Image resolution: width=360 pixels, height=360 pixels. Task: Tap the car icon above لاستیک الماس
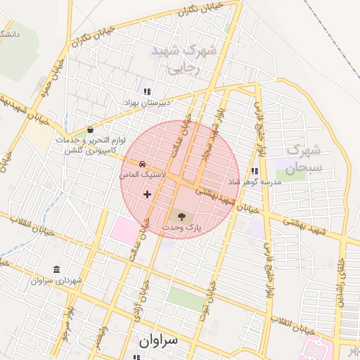(143, 162)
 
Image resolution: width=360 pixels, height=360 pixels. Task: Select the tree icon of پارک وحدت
(183, 216)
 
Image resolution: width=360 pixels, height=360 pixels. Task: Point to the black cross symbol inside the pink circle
(147, 193)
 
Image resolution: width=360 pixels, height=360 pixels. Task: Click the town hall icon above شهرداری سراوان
(57, 269)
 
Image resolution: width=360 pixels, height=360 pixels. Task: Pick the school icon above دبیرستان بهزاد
(147, 91)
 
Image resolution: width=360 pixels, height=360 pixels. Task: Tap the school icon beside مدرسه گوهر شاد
(254, 171)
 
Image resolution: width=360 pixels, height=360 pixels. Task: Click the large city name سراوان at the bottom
(159, 340)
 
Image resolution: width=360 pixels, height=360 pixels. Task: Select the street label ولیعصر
(104, 330)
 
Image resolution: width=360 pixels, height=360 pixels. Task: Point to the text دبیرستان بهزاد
(148, 103)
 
